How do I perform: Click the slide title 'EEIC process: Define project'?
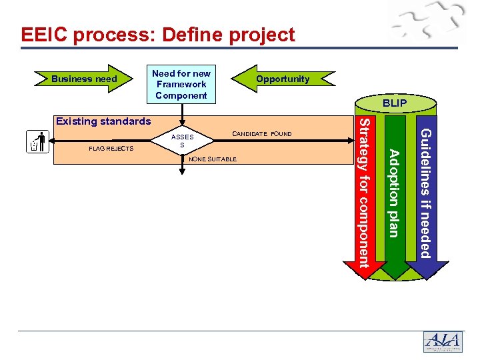click(x=157, y=35)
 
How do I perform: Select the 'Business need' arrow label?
click(x=84, y=79)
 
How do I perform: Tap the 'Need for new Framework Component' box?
click(x=181, y=85)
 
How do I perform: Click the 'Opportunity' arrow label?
click(x=283, y=79)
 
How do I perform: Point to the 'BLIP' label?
click(x=395, y=104)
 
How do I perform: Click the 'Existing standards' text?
click(x=103, y=121)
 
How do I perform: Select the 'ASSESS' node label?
click(x=182, y=141)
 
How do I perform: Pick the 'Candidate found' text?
click(x=262, y=134)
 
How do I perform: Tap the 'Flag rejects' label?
click(x=111, y=148)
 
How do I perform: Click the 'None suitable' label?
click(x=213, y=159)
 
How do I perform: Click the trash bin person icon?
click(x=39, y=142)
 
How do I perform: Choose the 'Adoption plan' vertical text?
click(x=394, y=193)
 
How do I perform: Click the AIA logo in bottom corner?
click(x=442, y=341)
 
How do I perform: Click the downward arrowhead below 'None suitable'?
click(x=181, y=172)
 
